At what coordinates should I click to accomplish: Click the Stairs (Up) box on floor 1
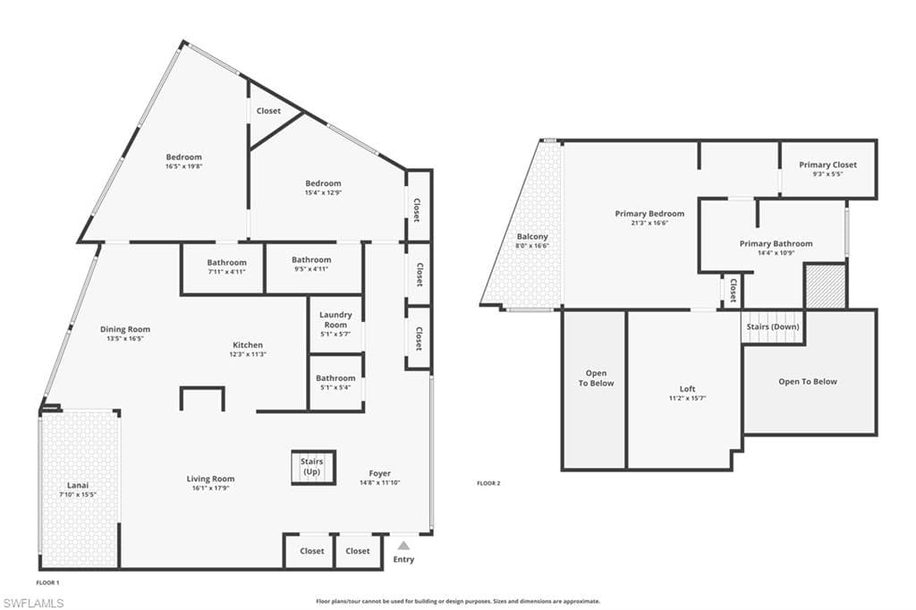click(314, 467)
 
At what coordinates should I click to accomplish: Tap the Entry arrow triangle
click(403, 546)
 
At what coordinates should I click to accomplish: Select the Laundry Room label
click(335, 319)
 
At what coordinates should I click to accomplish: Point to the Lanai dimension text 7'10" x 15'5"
click(78, 495)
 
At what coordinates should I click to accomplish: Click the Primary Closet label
click(827, 165)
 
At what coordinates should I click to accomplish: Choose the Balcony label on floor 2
click(532, 237)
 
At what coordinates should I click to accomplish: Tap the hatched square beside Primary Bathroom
click(826, 285)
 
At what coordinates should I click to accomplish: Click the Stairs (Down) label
click(772, 326)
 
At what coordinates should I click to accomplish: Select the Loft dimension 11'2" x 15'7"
click(688, 399)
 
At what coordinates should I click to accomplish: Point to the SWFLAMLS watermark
click(33, 603)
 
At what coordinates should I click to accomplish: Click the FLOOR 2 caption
click(488, 483)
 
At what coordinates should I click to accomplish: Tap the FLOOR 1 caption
click(48, 582)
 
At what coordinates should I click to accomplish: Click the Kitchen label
click(248, 344)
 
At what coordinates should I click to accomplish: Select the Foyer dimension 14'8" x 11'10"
click(379, 483)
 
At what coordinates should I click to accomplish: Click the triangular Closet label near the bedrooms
click(268, 110)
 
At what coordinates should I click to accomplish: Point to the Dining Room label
click(125, 329)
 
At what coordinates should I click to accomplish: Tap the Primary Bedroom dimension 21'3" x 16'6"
click(649, 223)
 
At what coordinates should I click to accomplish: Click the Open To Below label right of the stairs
click(808, 382)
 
